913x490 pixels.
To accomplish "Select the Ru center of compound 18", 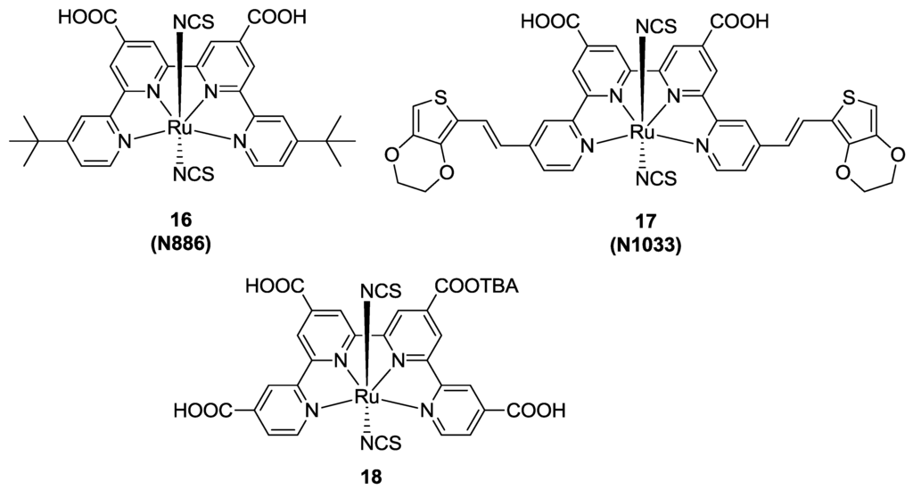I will (x=364, y=394).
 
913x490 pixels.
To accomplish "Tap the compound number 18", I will (x=364, y=476).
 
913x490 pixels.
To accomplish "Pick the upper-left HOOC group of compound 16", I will (x=88, y=16).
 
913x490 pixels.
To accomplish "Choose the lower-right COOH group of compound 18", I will (x=539, y=411).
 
